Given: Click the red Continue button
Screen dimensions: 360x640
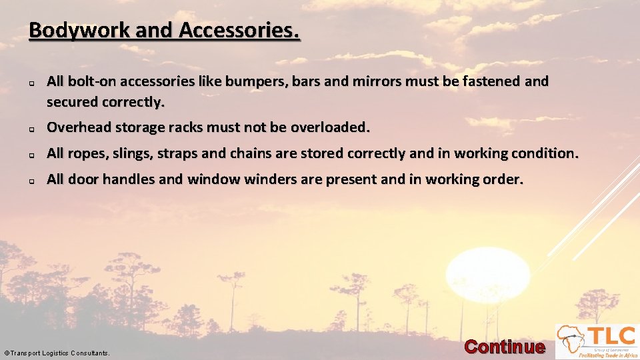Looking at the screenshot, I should coord(504,347).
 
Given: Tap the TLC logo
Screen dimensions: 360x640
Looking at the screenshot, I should coord(597,341).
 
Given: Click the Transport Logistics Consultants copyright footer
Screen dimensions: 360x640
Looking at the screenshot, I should coord(57,353).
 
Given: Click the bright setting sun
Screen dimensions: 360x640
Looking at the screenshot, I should coord(487,274).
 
